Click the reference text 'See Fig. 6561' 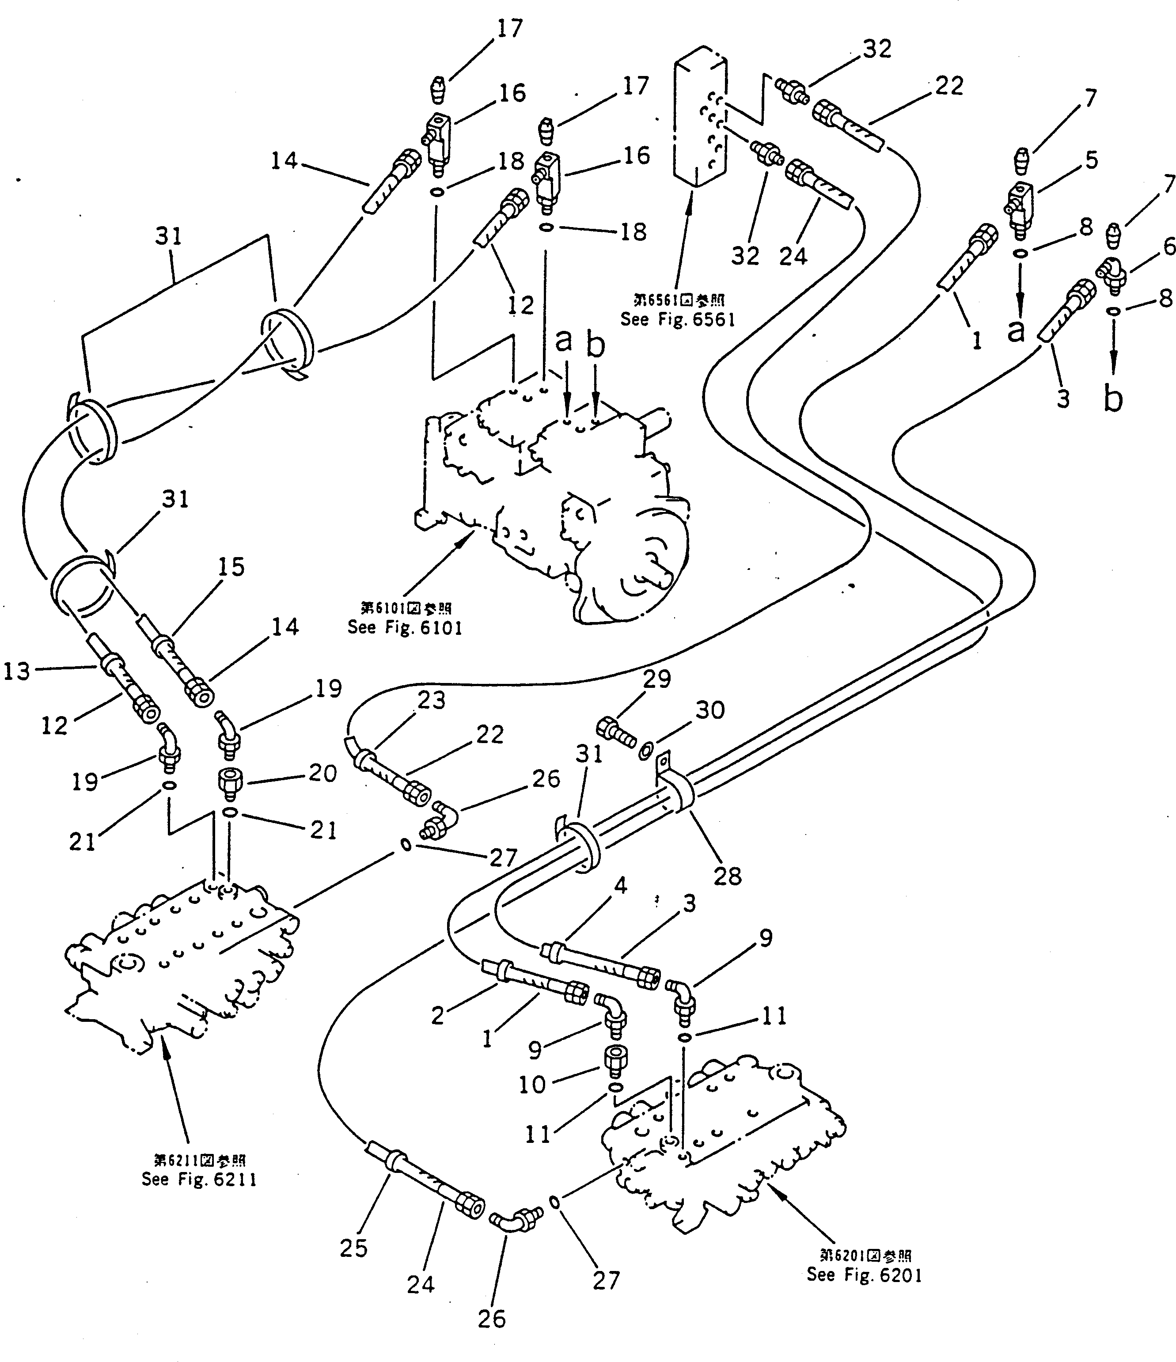(678, 319)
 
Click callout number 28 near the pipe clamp (728, 876)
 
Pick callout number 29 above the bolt (656, 679)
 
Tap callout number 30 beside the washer (710, 710)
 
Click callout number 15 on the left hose (231, 567)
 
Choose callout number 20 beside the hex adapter (322, 773)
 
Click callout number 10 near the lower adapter (532, 1085)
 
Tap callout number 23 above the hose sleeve (431, 701)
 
